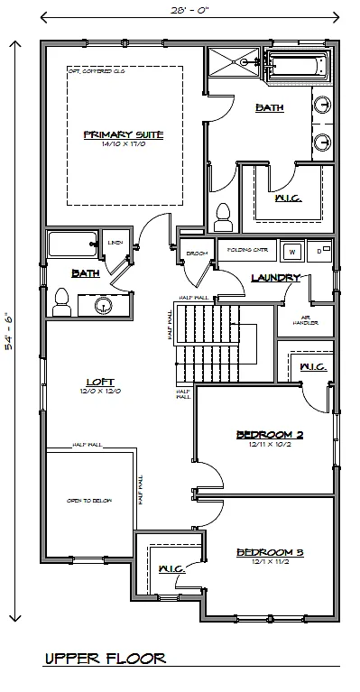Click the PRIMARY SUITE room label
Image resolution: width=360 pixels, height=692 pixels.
pos(123,134)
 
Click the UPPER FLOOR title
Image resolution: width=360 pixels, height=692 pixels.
pos(105,660)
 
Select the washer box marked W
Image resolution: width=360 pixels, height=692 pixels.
pos(291,250)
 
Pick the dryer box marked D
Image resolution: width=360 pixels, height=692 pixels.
pos(320,250)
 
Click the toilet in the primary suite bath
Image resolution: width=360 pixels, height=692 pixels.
pos(224,217)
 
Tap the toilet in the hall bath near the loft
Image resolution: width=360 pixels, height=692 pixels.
pos(61,300)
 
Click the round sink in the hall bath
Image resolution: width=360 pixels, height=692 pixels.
pos(104,307)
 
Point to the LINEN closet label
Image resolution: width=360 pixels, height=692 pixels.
pos(115,242)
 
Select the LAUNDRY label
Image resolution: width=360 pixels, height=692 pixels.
pos(275,278)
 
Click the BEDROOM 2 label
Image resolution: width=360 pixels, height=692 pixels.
pos(269,434)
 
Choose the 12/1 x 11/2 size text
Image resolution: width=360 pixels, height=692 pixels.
pos(269,561)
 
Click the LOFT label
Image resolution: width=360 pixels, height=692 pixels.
pos(88,381)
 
